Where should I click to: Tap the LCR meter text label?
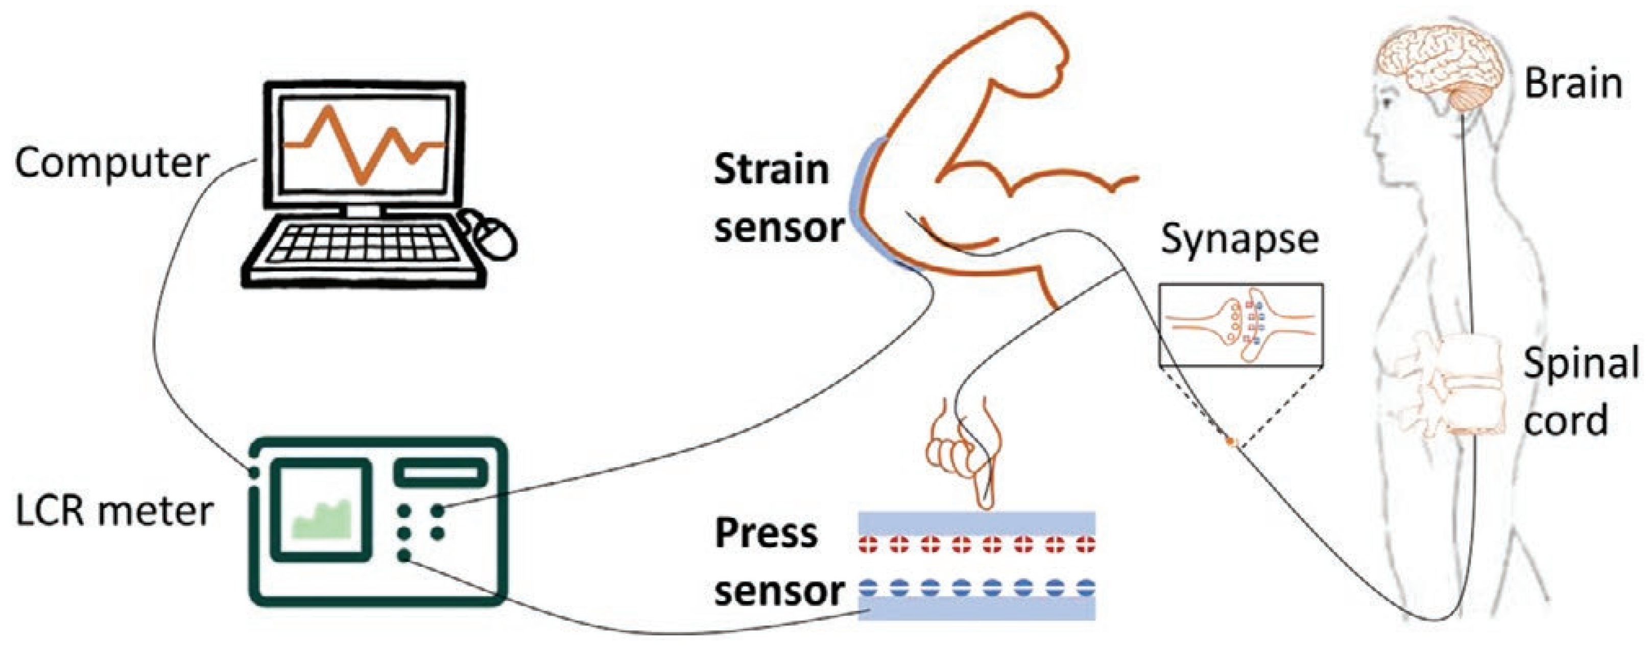[x=114, y=512]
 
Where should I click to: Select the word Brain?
[x=1573, y=84]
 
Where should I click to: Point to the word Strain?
[x=771, y=170]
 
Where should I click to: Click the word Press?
[x=766, y=533]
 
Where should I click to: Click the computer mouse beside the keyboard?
[x=492, y=236]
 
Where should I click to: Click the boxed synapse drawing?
[x=1240, y=325]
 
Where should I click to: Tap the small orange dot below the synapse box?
[x=1228, y=441]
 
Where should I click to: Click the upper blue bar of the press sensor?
[x=976, y=522]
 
